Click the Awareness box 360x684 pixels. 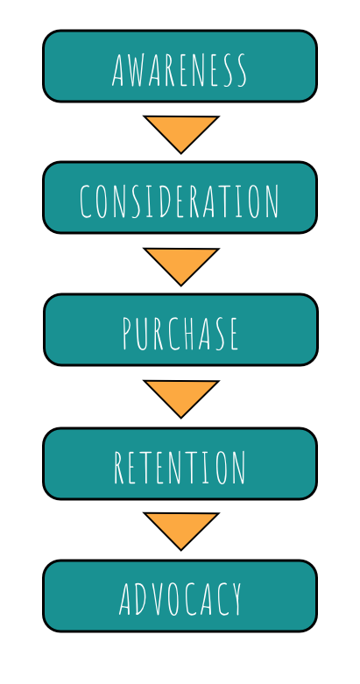click(x=180, y=67)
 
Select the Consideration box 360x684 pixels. click(x=180, y=198)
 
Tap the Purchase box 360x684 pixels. click(x=180, y=330)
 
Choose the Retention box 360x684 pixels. click(x=180, y=463)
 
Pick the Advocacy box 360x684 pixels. click(x=180, y=596)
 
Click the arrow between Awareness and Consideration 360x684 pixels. click(x=181, y=130)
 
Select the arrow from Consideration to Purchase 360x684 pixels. click(x=181, y=263)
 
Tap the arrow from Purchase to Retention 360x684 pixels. click(x=181, y=395)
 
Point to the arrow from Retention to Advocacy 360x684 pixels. click(x=181, y=528)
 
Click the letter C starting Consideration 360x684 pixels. click(x=86, y=201)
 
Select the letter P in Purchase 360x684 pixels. click(x=128, y=334)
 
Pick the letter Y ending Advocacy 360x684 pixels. click(x=235, y=599)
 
